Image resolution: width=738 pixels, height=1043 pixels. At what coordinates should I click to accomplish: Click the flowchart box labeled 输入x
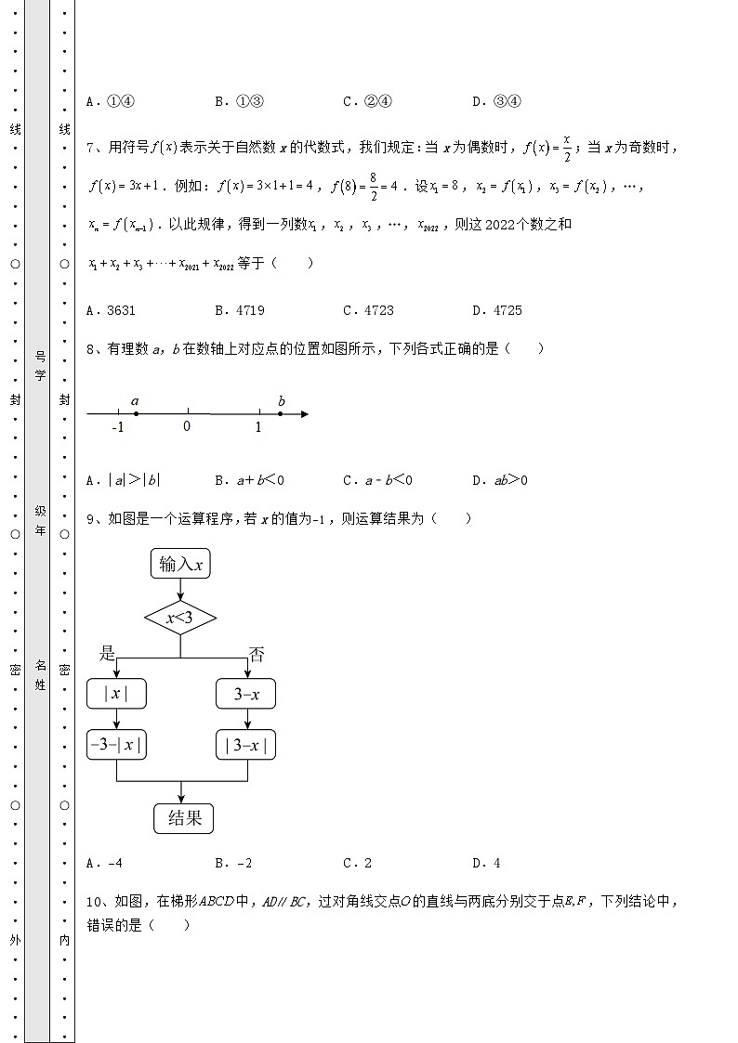[x=180, y=564]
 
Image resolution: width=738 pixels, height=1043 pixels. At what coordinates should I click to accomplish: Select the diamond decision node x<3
[x=180, y=617]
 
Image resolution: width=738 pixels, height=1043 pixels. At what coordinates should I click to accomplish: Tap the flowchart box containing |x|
[x=116, y=694]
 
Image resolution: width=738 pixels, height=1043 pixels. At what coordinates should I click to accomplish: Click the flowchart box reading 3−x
[x=246, y=694]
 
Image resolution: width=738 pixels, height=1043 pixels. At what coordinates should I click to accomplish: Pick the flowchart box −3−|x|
[x=116, y=744]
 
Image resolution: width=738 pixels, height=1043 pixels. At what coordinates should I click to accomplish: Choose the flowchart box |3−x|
[x=246, y=744]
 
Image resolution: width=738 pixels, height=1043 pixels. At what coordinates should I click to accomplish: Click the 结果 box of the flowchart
[x=184, y=817]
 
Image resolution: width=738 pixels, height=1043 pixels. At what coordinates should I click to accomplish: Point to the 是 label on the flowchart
[x=108, y=654]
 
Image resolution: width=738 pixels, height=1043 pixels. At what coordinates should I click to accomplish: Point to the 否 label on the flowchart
[x=257, y=654]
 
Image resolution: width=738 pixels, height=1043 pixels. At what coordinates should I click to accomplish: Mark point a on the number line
[x=136, y=413]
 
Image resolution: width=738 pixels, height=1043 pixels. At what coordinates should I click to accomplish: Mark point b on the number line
[x=280, y=413]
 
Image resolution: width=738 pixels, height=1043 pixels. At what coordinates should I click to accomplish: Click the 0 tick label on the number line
[x=187, y=426]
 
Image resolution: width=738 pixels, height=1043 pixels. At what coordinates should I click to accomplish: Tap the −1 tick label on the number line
[x=118, y=427]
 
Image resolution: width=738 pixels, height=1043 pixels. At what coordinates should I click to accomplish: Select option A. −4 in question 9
[x=104, y=863]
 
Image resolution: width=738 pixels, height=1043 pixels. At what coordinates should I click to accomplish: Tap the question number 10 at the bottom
[x=93, y=901]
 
